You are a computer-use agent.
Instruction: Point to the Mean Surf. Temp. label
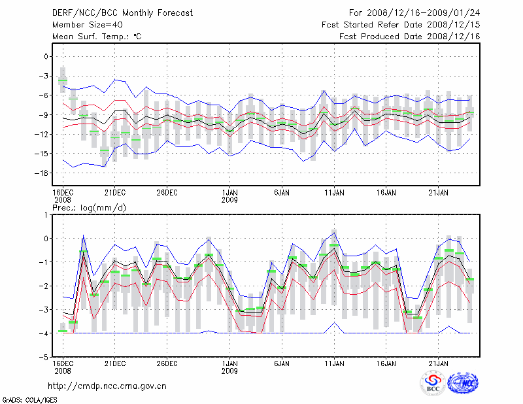click(97, 37)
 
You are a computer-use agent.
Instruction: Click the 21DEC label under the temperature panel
click(114, 193)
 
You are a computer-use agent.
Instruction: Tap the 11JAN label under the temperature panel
click(334, 193)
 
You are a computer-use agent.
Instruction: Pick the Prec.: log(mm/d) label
click(89, 208)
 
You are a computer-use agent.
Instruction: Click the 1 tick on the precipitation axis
click(46, 214)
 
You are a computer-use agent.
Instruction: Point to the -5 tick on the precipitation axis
click(43, 358)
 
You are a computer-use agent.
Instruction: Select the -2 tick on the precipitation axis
click(43, 286)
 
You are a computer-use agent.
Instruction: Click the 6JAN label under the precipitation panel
click(282, 362)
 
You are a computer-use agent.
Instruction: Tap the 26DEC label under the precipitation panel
click(167, 362)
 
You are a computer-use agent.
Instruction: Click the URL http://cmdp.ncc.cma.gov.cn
click(107, 386)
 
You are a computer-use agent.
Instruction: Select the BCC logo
click(433, 383)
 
